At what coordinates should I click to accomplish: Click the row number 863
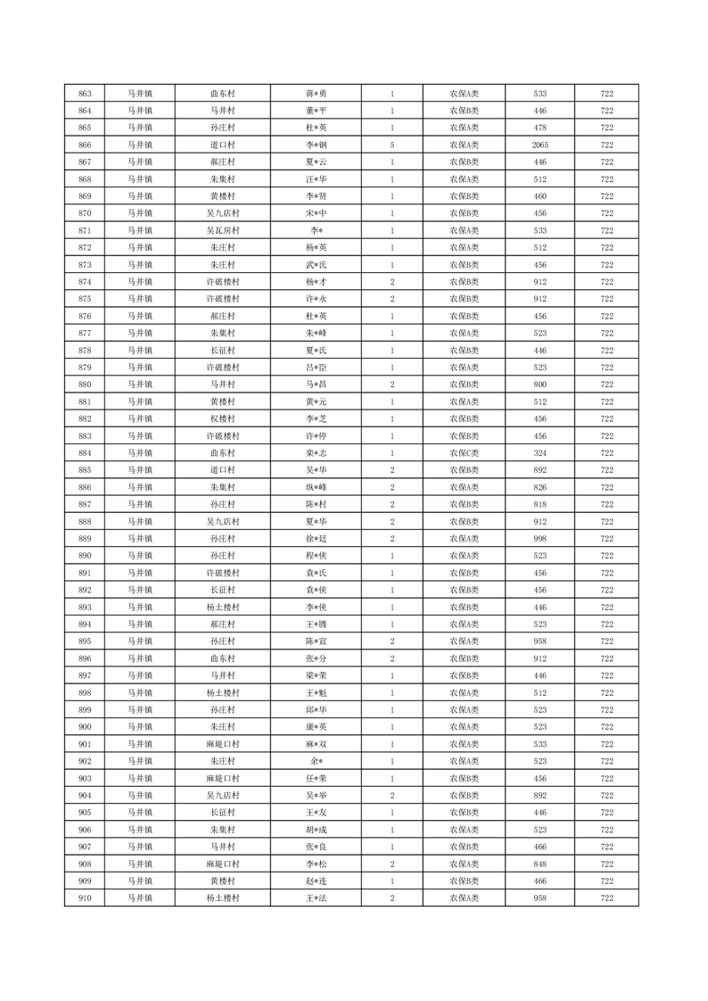85,94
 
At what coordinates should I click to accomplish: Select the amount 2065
539,145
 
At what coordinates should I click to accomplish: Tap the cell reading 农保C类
464,453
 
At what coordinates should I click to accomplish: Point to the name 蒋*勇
317,94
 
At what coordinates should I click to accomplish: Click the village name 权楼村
222,418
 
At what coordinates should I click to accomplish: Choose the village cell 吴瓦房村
222,230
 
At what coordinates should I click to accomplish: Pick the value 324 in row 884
539,453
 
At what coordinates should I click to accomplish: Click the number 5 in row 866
392,145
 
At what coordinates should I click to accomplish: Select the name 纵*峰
317,487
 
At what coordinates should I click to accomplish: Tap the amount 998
539,539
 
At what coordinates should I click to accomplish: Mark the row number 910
85,898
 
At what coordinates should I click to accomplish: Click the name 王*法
317,898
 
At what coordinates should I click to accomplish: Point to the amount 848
539,864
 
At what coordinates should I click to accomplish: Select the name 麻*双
317,744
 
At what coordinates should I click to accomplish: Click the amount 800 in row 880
539,385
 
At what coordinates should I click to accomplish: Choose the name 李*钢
317,145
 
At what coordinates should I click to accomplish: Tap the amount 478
539,128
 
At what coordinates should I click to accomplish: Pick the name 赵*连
317,881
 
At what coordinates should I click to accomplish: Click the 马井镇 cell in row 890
139,556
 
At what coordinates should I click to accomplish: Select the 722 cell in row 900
607,727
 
